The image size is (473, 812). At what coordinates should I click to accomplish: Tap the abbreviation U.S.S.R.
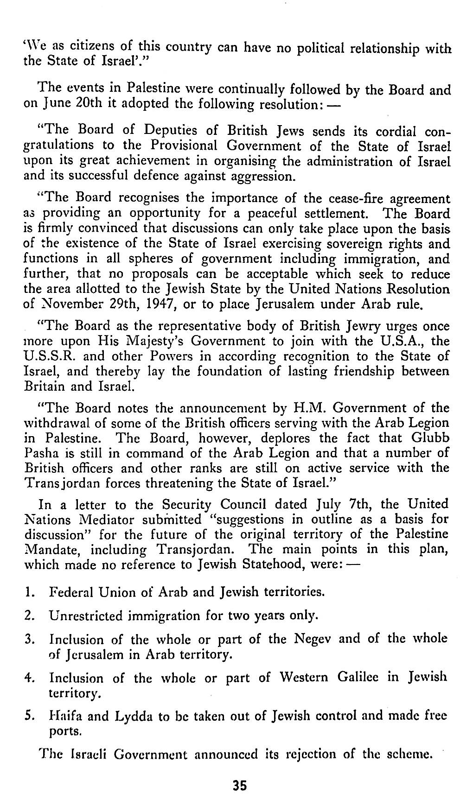point(45,356)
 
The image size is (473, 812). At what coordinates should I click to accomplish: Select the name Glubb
point(430,438)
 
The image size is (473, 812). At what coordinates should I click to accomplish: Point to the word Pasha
point(41,453)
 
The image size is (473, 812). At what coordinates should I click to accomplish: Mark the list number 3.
point(27,640)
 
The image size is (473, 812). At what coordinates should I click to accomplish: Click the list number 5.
point(27,716)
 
